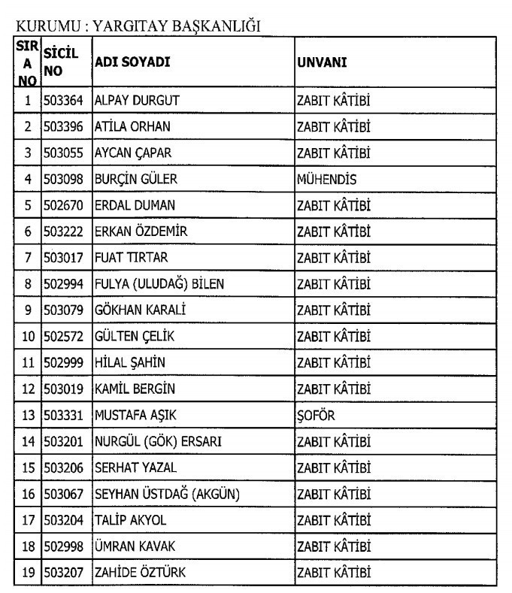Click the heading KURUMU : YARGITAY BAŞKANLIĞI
[138, 26]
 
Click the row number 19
[27, 573]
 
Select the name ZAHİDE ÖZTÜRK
[140, 573]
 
